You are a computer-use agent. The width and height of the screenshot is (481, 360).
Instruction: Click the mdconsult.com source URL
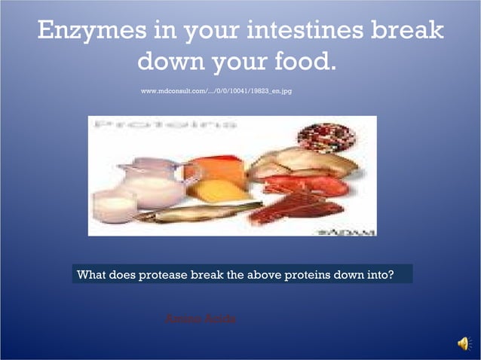pos(216,90)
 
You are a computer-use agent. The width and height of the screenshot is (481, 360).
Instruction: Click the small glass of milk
pos(113,206)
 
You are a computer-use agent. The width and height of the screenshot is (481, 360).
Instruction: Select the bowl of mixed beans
pos(326,136)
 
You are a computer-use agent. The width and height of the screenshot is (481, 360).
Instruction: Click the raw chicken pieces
pos(302,163)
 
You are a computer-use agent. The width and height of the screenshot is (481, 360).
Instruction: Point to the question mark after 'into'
pos(390,274)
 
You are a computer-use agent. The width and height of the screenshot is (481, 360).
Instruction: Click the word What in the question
pos(91,274)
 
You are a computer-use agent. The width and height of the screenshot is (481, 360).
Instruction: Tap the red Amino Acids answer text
pos(201,319)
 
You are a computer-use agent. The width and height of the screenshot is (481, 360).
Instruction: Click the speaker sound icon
pos(463,343)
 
